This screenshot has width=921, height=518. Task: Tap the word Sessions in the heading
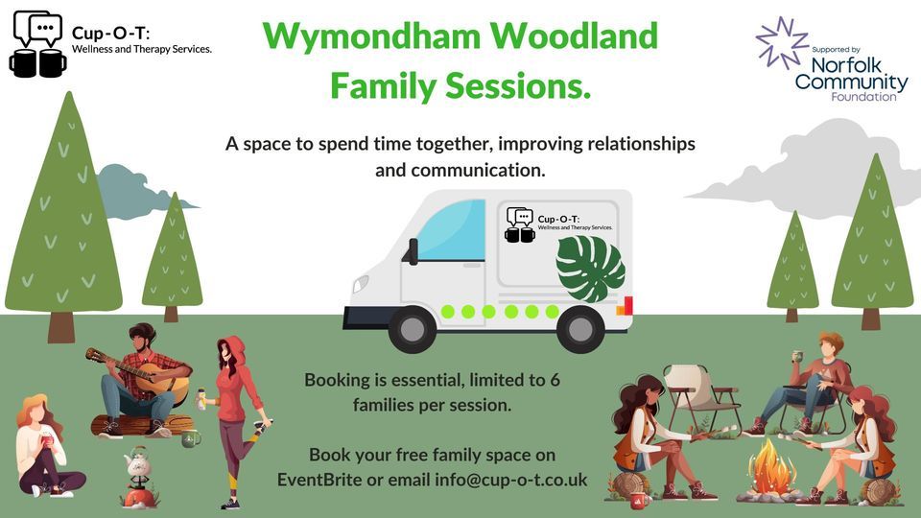click(522, 86)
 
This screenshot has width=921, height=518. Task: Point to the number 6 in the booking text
click(555, 380)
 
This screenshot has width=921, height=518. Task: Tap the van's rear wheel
click(579, 328)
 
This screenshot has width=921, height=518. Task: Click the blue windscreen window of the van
click(452, 231)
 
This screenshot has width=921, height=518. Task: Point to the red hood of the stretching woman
click(230, 348)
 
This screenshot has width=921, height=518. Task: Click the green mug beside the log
click(190, 438)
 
